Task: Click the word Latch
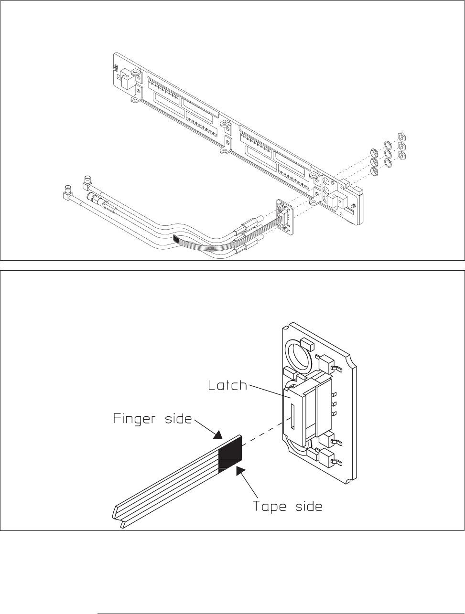(x=227, y=385)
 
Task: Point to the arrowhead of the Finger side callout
(x=218, y=435)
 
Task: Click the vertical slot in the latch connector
(x=293, y=417)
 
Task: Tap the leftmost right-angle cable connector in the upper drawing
(x=68, y=192)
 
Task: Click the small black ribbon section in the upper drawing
(x=176, y=239)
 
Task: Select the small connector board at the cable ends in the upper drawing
(x=285, y=216)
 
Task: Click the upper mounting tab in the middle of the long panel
(x=226, y=126)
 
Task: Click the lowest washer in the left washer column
(x=374, y=171)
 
